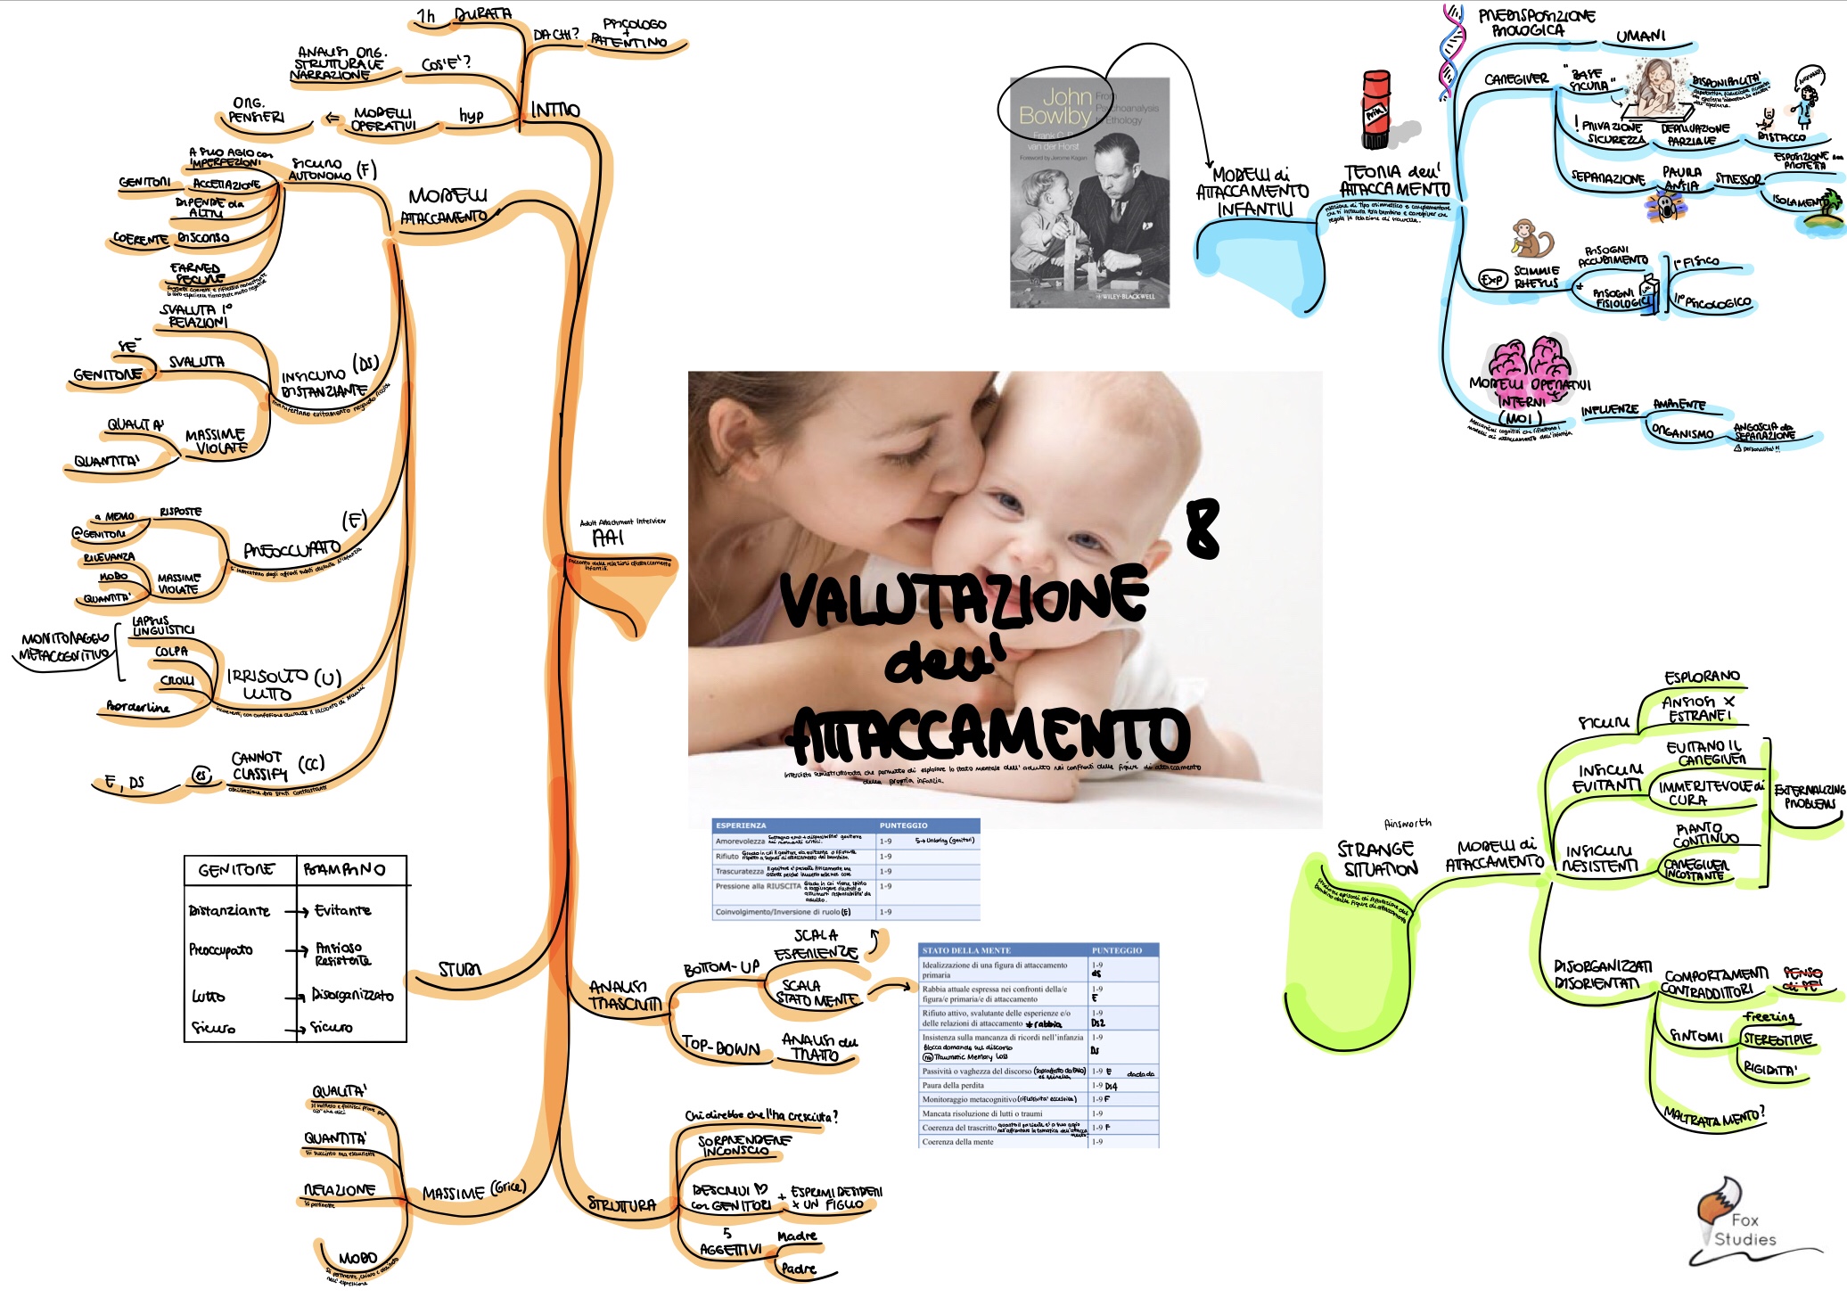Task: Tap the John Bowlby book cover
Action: click(x=1089, y=193)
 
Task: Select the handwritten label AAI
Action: click(x=608, y=538)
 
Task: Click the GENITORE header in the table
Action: click(x=236, y=870)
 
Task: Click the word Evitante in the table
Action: click(x=342, y=910)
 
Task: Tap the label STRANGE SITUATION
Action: click(x=1378, y=859)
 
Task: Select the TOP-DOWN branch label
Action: click(x=720, y=1047)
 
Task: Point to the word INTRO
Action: click(x=555, y=110)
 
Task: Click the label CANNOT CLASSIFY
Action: click(x=259, y=766)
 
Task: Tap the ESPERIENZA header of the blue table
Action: click(x=741, y=825)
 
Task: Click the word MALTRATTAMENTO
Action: click(x=1713, y=1115)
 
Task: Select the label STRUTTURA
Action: click(x=621, y=1205)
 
